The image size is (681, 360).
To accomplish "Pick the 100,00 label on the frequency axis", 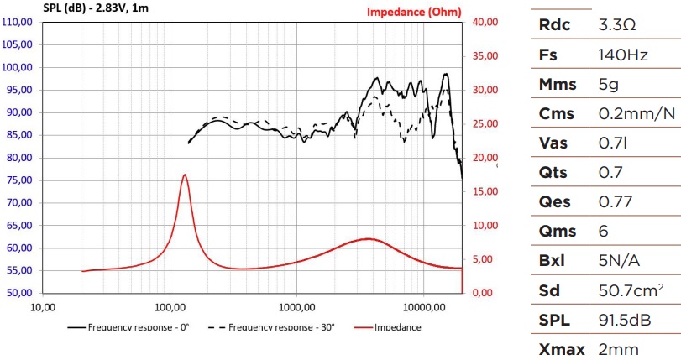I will tap(170, 307).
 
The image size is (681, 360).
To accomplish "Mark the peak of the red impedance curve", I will tap(185, 175).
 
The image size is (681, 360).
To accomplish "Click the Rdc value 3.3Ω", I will tap(617, 25).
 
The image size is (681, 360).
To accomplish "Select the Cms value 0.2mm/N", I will tap(636, 114).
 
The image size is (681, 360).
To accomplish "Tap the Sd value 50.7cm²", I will tap(631, 290).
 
